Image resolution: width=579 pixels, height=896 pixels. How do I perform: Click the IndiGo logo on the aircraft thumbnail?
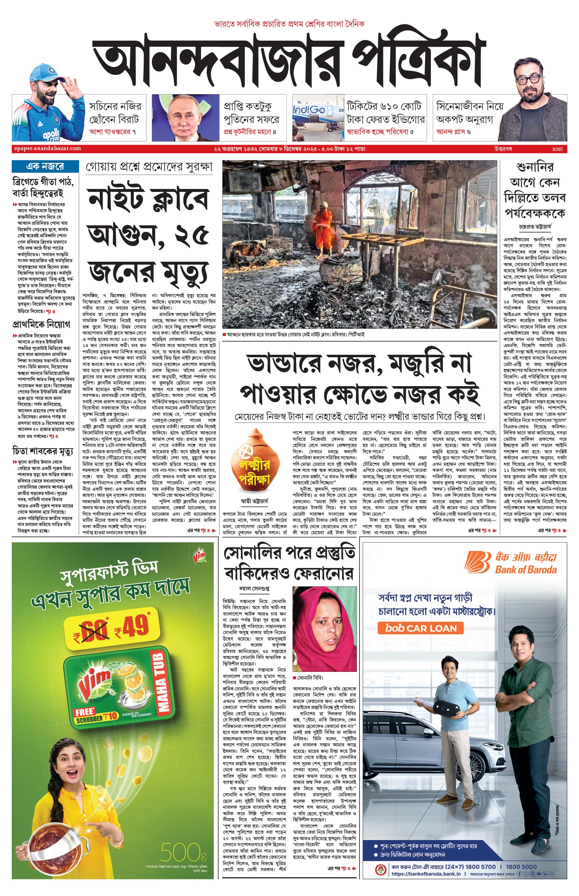309,110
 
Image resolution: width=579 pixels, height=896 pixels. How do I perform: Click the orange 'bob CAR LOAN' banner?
420,628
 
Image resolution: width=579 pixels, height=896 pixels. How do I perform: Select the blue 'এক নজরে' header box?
45,166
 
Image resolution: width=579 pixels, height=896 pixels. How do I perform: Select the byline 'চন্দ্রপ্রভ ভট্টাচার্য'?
535,227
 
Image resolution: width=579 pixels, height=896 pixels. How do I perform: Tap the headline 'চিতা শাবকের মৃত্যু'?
43,450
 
